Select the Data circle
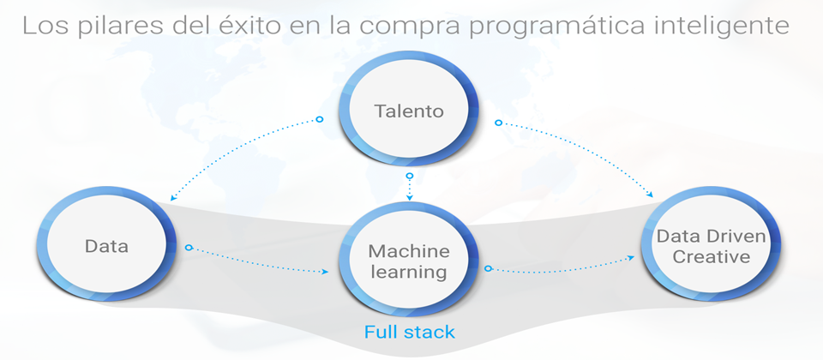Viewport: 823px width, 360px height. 107,247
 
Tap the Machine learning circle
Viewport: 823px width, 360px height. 409,261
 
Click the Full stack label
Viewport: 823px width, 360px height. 409,332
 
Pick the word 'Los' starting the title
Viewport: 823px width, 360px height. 40,26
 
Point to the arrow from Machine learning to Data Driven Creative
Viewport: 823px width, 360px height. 566,263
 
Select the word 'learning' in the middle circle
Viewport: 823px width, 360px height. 409,273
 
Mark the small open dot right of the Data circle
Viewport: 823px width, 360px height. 187,249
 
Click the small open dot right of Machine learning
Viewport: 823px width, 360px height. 488,269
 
